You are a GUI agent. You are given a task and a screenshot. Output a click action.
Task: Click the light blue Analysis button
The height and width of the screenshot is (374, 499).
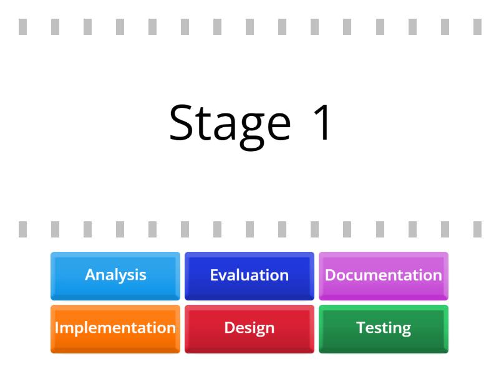(115, 276)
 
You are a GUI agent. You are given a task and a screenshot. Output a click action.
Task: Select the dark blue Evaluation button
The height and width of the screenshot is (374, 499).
(249, 276)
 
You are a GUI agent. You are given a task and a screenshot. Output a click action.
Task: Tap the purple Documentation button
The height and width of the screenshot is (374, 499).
(383, 276)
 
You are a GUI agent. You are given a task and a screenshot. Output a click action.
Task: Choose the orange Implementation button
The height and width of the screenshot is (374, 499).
(115, 328)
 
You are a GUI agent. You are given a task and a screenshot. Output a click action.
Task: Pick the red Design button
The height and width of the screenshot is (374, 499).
(249, 328)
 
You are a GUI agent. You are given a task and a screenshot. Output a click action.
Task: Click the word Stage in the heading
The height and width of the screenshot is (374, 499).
(230, 123)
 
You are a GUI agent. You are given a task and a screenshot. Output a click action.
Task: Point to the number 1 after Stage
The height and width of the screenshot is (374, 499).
(323, 123)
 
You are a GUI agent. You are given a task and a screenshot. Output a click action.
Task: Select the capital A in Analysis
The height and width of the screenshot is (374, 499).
(90, 275)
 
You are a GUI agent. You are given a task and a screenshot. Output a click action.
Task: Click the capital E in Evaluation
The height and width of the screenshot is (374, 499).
(214, 275)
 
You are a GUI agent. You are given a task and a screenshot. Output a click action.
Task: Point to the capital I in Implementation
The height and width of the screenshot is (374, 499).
(57, 328)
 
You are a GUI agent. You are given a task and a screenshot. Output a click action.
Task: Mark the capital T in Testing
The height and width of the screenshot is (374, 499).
(360, 328)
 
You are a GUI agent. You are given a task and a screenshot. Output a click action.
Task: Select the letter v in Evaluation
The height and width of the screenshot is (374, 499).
(223, 276)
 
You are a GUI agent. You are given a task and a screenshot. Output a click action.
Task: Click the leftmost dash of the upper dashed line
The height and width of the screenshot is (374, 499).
(23, 27)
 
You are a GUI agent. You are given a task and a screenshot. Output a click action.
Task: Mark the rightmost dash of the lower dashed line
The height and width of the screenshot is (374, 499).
(477, 229)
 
